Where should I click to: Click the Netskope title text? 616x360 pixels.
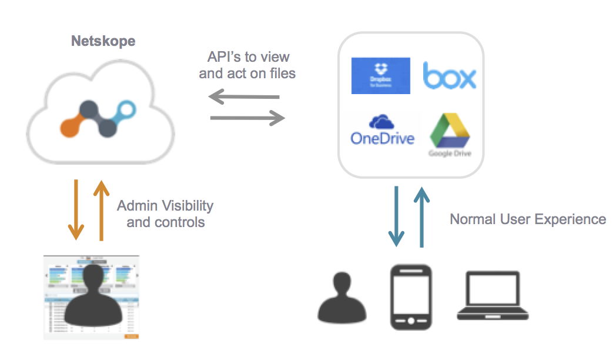[x=103, y=41]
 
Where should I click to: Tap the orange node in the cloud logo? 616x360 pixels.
[x=72, y=125]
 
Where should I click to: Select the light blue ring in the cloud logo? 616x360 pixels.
[x=127, y=109]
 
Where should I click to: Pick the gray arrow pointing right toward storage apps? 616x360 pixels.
[x=247, y=119]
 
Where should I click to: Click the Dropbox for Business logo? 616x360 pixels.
[x=380, y=75]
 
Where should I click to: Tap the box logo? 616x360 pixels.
[x=450, y=76]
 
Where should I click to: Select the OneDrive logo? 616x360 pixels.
[x=382, y=131]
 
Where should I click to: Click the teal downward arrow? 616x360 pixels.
[x=397, y=216]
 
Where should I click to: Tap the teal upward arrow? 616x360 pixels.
[x=421, y=216]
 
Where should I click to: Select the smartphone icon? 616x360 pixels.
[x=411, y=296]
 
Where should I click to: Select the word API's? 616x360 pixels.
[x=225, y=57]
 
